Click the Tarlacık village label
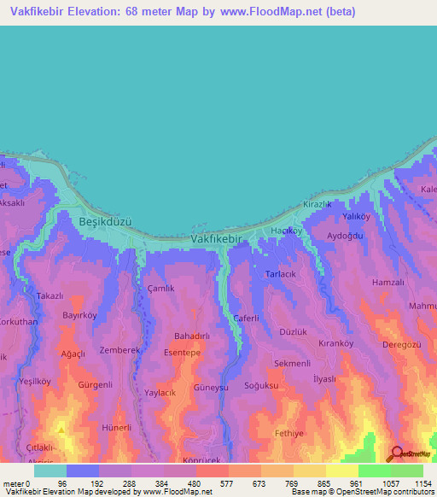pyautogui.click(x=283, y=274)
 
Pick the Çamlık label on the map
pyautogui.click(x=160, y=289)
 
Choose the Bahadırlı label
pyautogui.click(x=192, y=337)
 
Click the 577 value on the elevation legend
pyautogui.click(x=212, y=482)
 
